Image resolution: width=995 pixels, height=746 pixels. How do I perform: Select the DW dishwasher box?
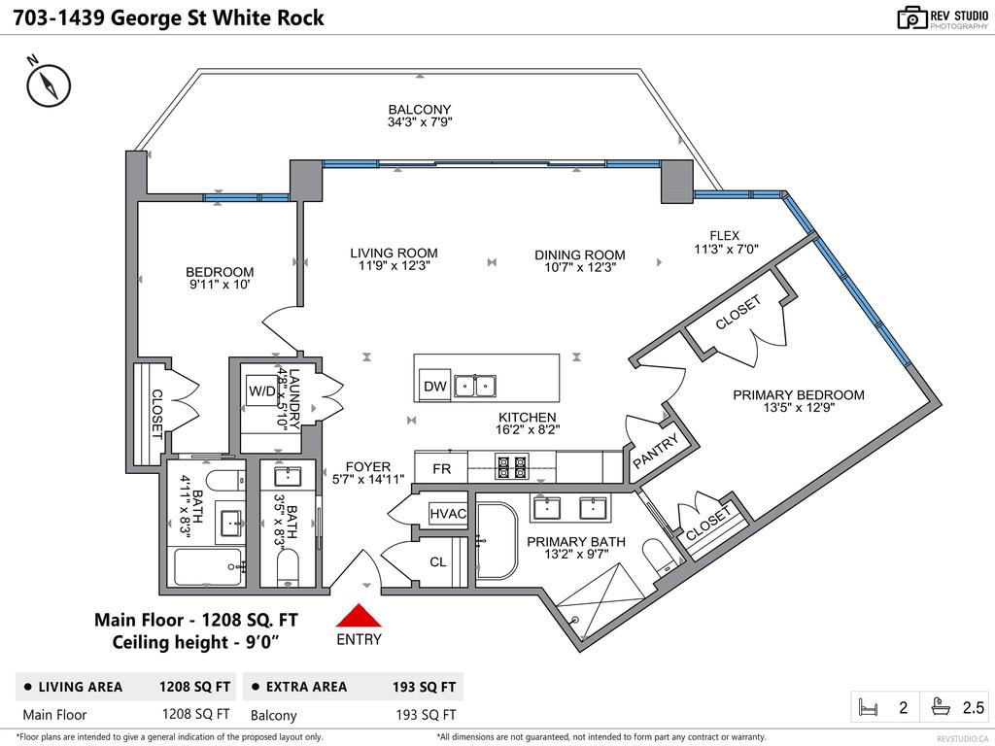[x=435, y=387]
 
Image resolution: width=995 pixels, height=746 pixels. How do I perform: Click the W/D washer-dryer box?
[x=261, y=391]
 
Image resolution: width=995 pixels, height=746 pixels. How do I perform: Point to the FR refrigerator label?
[x=441, y=468]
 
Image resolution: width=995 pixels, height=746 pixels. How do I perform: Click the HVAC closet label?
[x=448, y=513]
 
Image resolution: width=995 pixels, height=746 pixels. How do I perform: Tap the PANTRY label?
[x=658, y=453]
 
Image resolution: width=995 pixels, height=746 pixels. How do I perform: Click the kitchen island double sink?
[x=476, y=387]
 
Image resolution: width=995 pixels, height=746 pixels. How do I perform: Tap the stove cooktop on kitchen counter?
[x=512, y=467]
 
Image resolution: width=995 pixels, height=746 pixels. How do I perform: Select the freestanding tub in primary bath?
[x=499, y=542]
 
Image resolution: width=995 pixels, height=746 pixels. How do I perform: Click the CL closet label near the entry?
[x=437, y=561]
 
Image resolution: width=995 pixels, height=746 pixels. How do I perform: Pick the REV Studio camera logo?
[x=911, y=17]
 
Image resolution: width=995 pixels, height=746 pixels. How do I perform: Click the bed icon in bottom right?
[x=868, y=707]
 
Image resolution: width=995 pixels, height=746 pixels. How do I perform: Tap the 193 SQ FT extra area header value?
[x=424, y=687]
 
